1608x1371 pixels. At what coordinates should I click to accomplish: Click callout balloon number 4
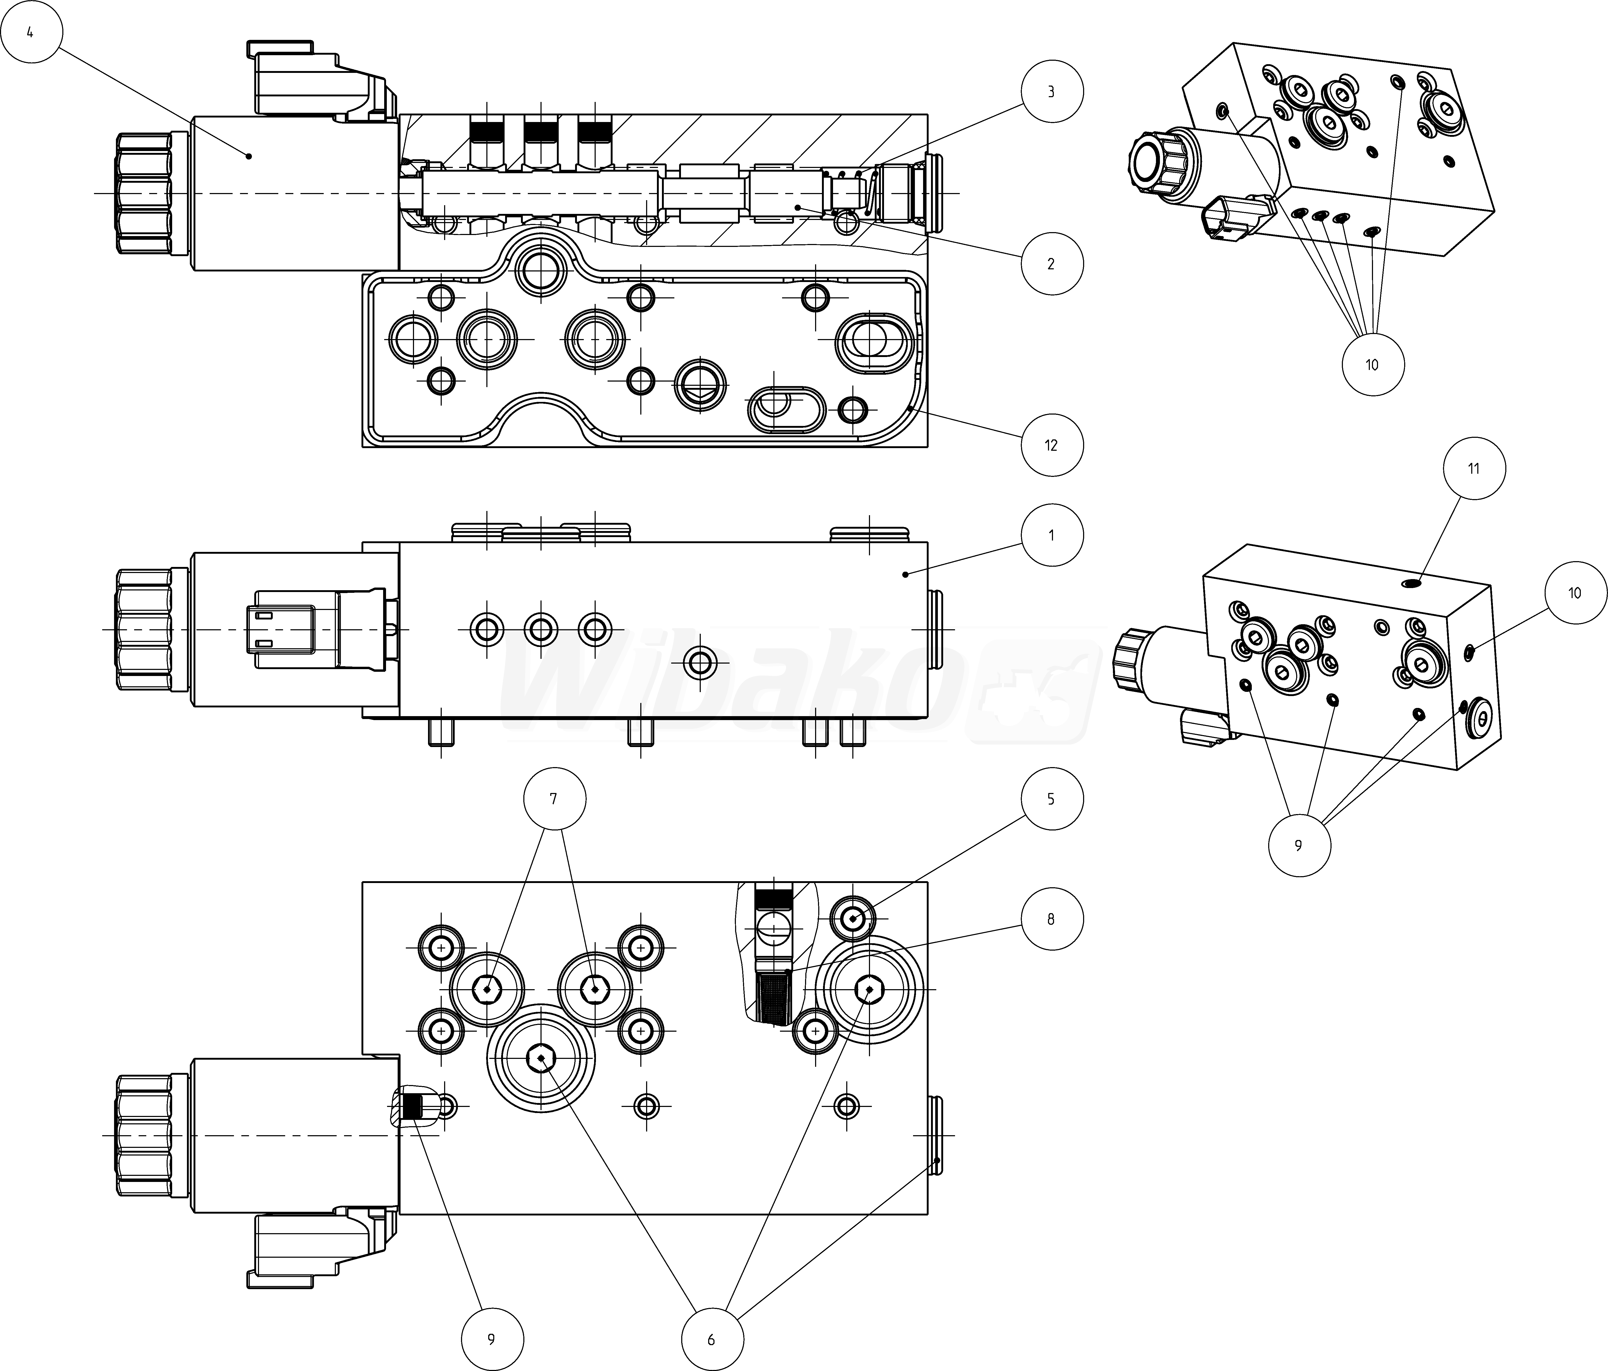30,32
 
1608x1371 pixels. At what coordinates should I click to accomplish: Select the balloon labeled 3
1052,92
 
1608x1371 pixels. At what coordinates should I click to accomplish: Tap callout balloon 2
1052,264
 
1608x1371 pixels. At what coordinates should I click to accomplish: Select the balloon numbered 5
1052,799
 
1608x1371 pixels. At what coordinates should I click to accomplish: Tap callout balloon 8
1052,919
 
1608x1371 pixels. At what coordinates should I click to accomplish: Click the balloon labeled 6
712,1339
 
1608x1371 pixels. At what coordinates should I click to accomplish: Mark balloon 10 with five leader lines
1372,365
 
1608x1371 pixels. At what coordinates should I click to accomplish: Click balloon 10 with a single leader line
1575,593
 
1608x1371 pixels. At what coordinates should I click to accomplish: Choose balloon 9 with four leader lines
1299,846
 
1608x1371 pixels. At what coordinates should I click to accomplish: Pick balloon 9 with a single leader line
491,1339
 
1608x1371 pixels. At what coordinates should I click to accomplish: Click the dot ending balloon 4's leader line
249,156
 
